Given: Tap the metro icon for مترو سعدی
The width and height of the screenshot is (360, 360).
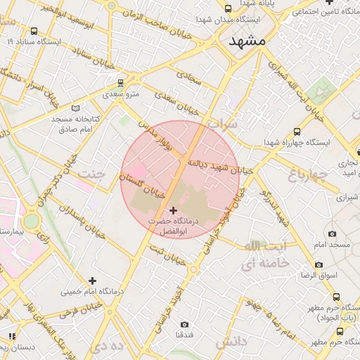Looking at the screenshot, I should click(121, 82).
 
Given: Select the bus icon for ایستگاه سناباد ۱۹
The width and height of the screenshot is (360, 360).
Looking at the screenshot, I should click(34, 31).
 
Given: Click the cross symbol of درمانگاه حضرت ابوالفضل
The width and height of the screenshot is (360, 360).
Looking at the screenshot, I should click(174, 210).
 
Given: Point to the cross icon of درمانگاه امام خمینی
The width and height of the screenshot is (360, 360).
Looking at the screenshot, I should click(92, 281).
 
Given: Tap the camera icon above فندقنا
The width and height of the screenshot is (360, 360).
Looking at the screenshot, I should click(184, 325).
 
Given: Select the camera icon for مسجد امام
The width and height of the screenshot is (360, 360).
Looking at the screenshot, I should click(332, 233).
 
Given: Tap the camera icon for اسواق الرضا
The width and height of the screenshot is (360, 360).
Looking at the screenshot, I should click(319, 264).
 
